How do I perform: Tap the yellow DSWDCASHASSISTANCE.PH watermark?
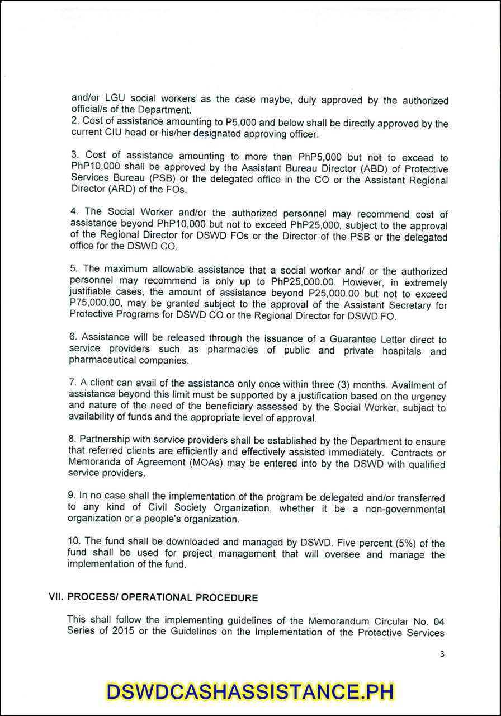tap(250, 691)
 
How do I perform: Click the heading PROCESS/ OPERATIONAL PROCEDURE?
tap(163, 597)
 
